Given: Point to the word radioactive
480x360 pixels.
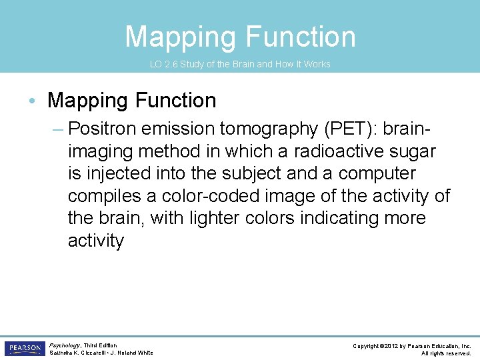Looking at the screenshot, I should tap(327, 151).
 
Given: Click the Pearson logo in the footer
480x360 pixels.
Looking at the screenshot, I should tap(24, 348).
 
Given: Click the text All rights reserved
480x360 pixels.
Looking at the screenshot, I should tap(446, 353).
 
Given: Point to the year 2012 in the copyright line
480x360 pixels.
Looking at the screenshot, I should tap(395, 346).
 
